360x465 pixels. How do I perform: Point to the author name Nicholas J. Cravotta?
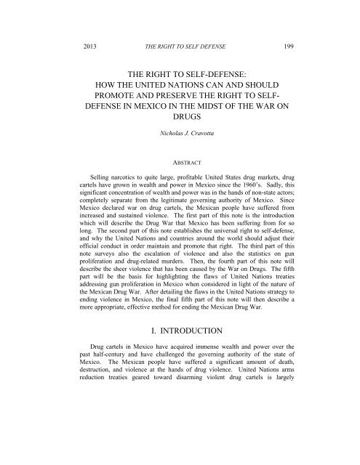180,155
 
